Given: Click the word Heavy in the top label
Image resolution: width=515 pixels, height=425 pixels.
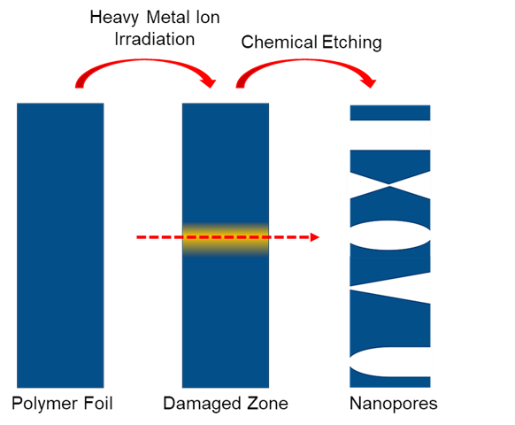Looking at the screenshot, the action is (114, 18).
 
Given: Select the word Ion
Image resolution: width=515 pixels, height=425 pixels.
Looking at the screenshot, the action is (208, 17).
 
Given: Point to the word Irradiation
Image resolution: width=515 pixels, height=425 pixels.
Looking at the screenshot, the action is (154, 39).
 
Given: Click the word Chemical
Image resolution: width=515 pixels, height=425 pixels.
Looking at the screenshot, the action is (279, 42).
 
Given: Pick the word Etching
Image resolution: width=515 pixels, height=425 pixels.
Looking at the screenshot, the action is (352, 42).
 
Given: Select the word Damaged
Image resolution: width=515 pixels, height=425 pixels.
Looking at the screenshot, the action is (202, 404).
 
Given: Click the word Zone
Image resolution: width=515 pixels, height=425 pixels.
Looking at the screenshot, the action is (267, 403).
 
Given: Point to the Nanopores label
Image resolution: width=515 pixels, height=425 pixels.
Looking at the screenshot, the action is (394, 404).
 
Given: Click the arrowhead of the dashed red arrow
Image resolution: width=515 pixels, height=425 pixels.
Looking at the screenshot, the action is (315, 237).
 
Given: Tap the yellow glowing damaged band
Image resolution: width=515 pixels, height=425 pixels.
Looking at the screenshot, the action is (226, 239).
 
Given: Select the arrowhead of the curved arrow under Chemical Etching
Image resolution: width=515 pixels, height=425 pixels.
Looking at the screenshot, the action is (369, 82).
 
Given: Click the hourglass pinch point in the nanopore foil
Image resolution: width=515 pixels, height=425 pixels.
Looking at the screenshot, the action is (389, 185).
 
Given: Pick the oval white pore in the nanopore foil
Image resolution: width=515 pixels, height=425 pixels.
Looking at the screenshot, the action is (390, 236).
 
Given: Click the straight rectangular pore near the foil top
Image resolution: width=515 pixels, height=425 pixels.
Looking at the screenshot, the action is (390, 135).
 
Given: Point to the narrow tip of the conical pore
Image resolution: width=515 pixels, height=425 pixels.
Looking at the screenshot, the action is (351, 288).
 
